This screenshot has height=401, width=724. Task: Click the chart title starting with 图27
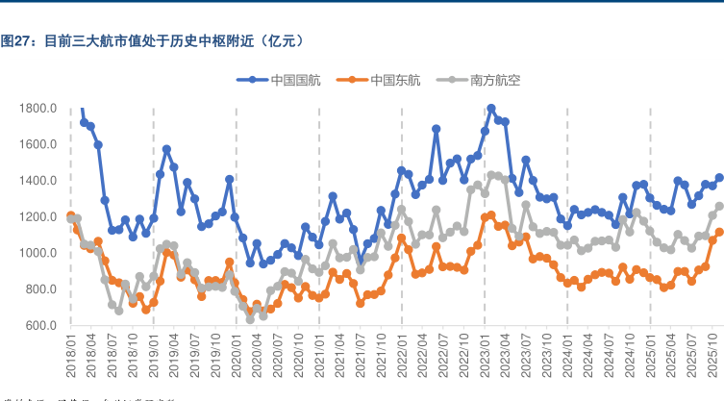[154, 40]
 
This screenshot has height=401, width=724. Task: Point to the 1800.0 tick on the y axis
[38, 109]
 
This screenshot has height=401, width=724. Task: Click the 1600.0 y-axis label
[38, 144]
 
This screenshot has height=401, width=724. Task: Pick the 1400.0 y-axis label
[38, 181]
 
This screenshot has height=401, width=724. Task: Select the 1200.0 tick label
[38, 217]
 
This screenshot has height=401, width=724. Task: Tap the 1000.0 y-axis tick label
[38, 253]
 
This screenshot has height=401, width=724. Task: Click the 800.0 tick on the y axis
[41, 289]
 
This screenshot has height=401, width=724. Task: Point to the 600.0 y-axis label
[41, 326]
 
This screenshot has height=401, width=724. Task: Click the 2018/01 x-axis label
[70, 356]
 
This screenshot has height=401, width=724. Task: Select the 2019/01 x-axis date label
[154, 356]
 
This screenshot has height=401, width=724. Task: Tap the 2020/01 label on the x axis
[237, 356]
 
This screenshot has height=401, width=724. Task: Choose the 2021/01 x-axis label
[319, 356]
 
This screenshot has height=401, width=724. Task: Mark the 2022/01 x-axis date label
[402, 356]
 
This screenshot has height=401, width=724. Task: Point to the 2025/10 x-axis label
[712, 356]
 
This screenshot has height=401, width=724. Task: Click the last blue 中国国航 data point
[719, 178]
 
